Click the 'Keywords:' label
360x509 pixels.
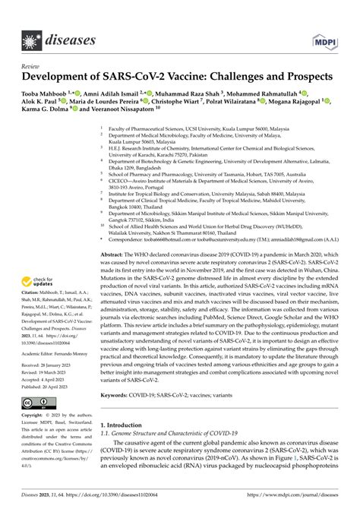click(127, 417)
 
